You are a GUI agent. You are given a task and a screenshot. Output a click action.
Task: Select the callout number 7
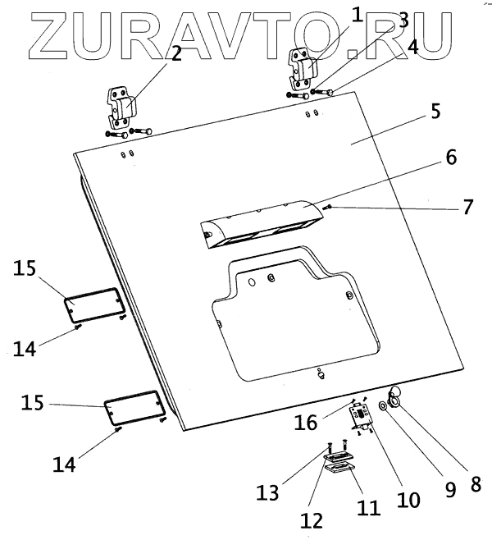pos(467,206)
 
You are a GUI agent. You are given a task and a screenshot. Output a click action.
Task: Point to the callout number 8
pos(476,484)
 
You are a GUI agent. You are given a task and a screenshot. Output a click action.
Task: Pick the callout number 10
pos(408,499)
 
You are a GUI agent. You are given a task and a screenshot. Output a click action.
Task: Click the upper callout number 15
pos(25,269)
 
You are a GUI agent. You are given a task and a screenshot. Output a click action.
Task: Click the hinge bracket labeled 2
pos(122,110)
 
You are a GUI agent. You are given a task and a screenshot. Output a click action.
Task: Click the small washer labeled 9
pos(384,406)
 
